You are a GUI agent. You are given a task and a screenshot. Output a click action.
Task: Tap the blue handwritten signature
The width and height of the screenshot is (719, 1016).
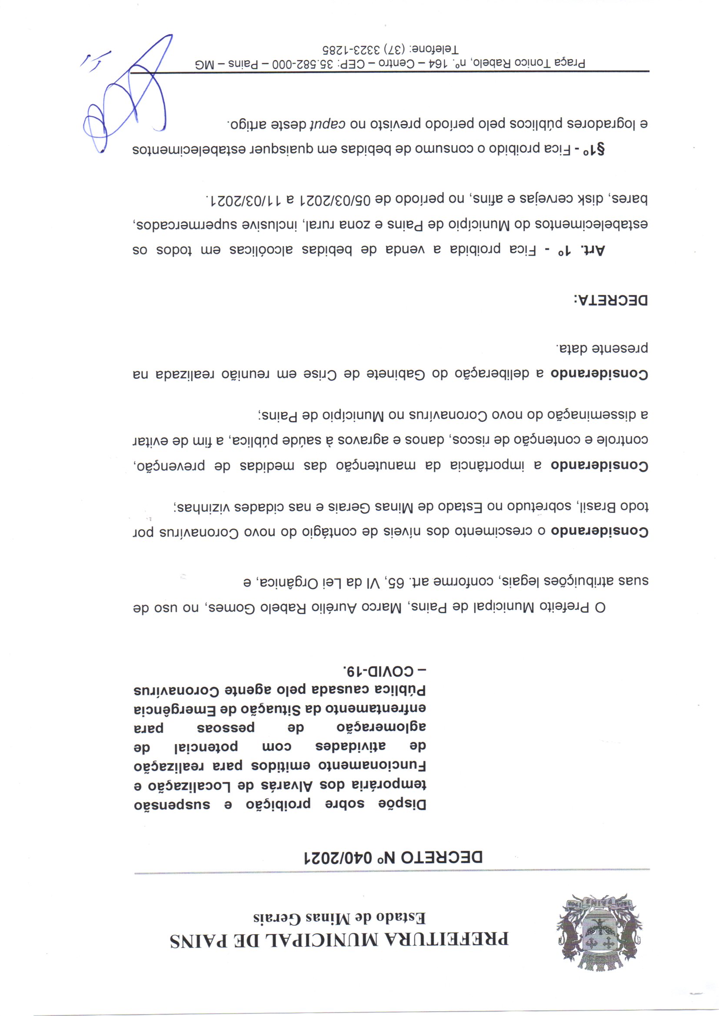click(128, 97)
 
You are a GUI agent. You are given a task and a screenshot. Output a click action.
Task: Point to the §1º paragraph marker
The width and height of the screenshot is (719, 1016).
click(594, 149)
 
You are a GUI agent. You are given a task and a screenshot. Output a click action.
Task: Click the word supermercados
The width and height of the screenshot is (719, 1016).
click(177, 225)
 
